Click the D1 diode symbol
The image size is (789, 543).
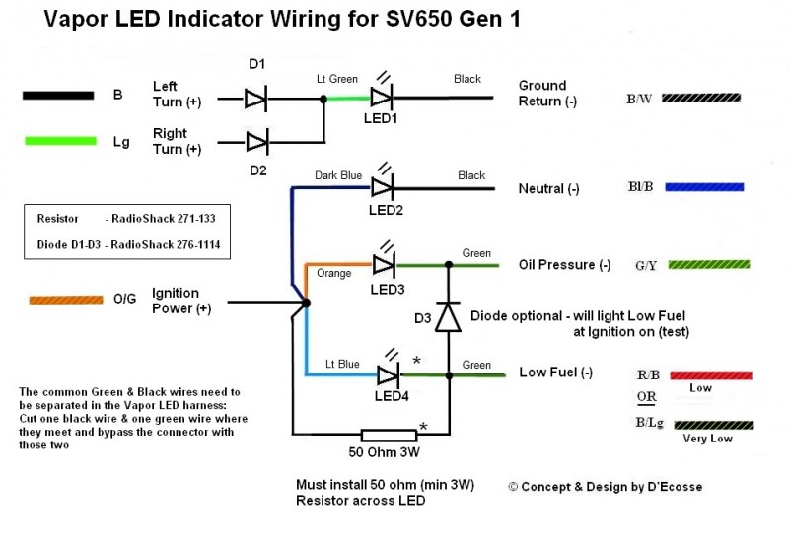click(256, 98)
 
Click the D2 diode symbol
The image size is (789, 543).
click(256, 142)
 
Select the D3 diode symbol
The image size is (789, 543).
click(449, 317)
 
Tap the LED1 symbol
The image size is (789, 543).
click(383, 97)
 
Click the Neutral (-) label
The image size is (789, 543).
click(554, 188)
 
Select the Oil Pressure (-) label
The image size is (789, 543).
click(564, 265)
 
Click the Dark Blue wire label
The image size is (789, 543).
click(338, 174)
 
